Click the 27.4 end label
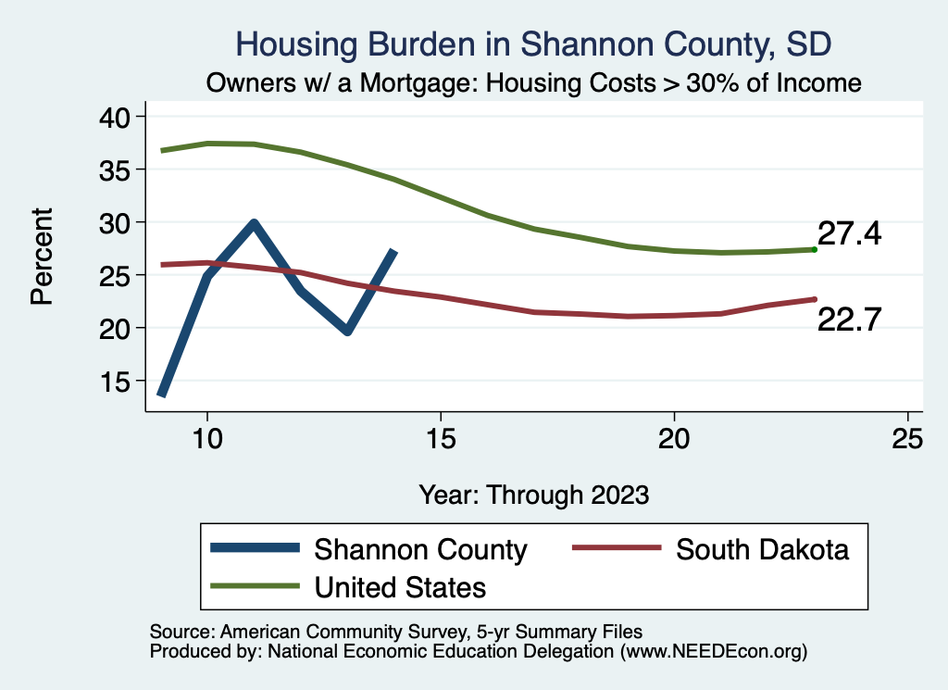(x=849, y=233)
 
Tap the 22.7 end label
(x=849, y=320)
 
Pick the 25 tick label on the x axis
(x=907, y=440)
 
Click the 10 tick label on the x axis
(x=207, y=440)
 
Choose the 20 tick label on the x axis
(x=674, y=440)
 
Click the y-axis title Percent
(x=42, y=257)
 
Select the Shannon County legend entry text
(x=420, y=549)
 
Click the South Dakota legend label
(x=762, y=549)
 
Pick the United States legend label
(x=400, y=586)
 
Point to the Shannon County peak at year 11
(x=254, y=222)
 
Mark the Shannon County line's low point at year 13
(x=347, y=331)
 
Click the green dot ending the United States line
(x=814, y=249)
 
